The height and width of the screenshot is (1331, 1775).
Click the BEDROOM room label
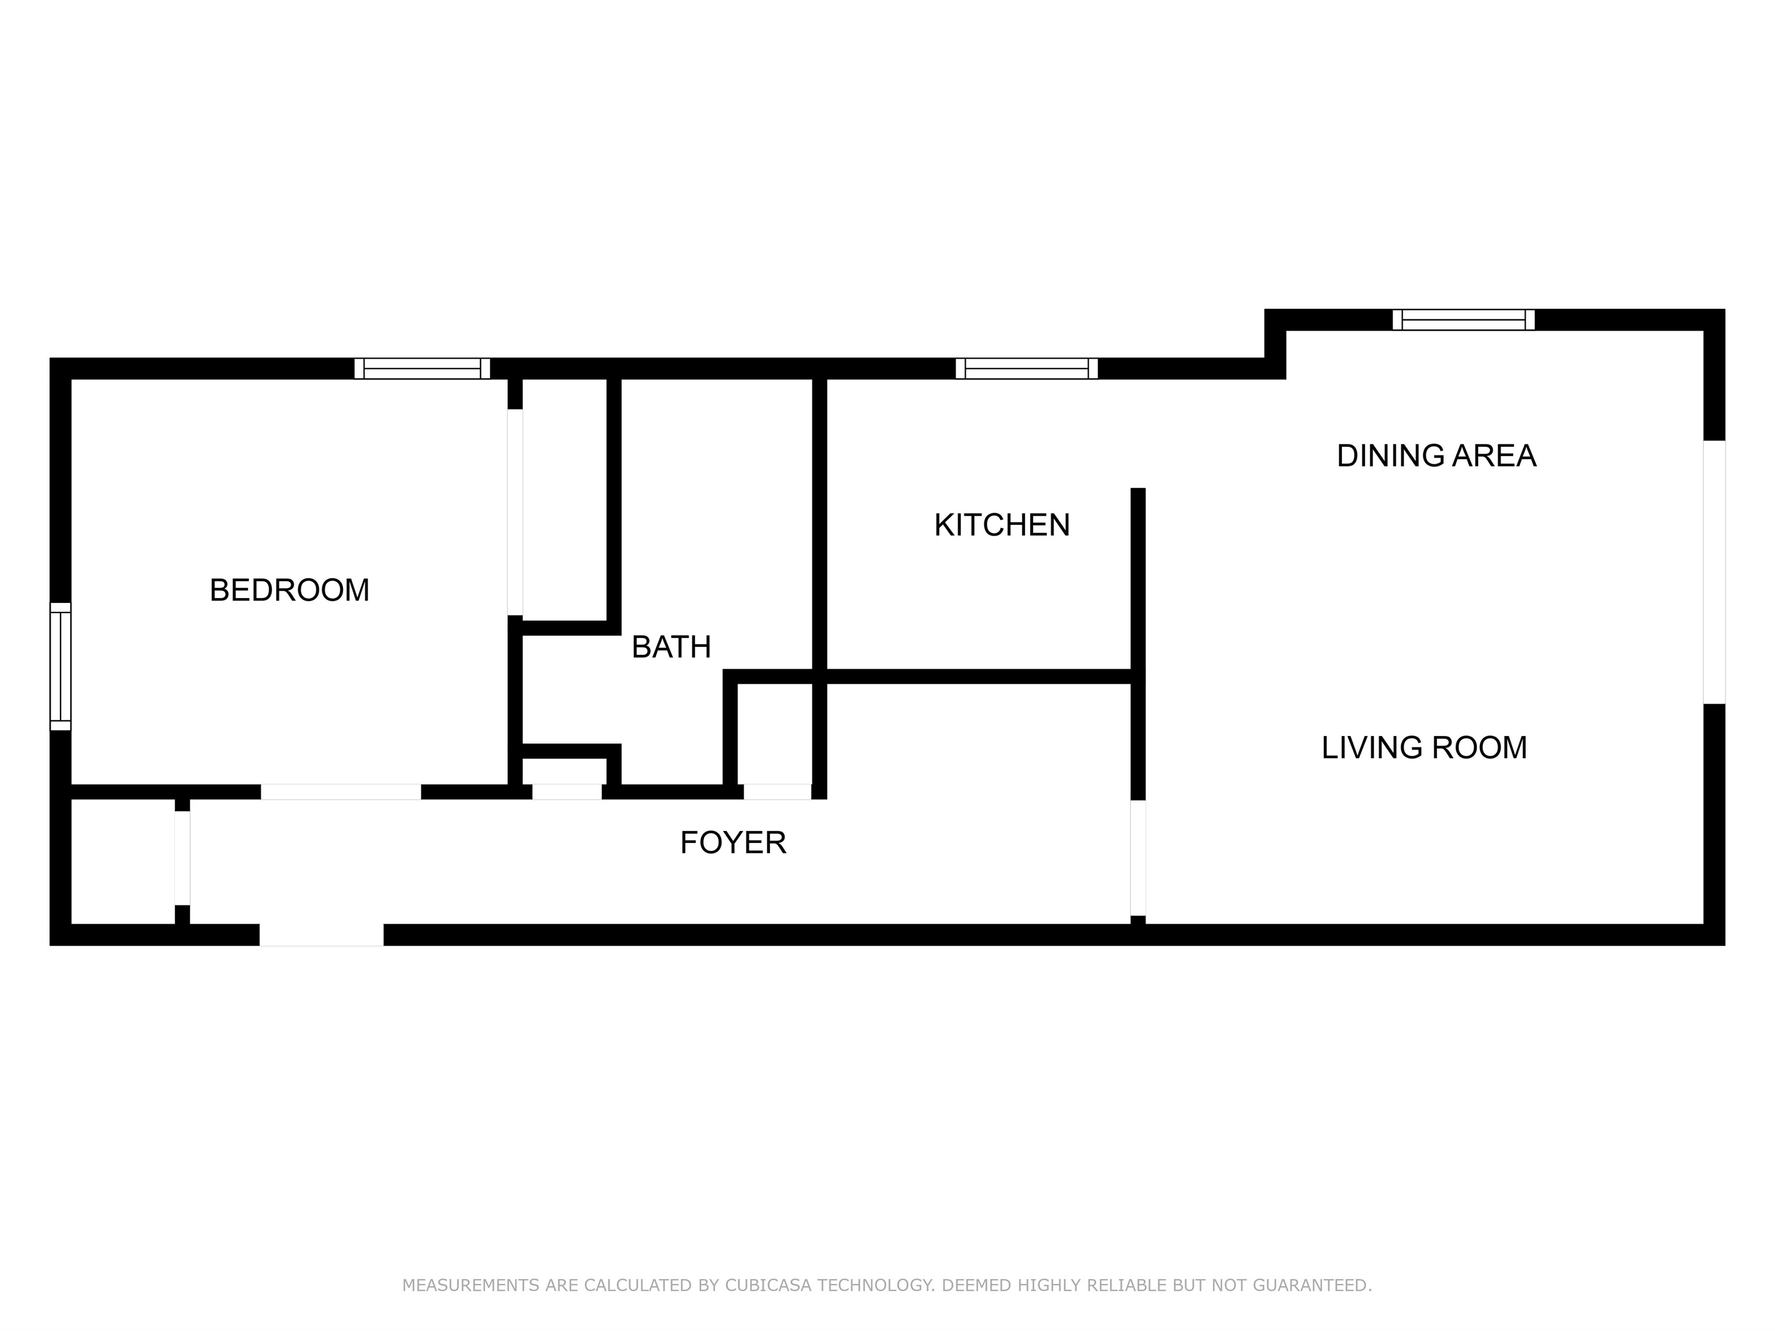(x=289, y=591)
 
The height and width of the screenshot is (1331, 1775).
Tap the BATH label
(x=671, y=647)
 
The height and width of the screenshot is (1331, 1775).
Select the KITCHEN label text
(x=1001, y=526)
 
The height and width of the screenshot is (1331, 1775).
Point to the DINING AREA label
(x=1436, y=456)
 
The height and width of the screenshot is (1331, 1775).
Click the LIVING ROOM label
(x=1424, y=748)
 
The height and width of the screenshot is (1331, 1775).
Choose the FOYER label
(x=732, y=842)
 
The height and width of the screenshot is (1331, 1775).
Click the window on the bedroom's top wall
(x=422, y=368)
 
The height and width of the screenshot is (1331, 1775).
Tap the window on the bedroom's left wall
(x=60, y=666)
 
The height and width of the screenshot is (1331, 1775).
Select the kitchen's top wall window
(x=1026, y=368)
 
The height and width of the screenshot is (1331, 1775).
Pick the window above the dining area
(x=1464, y=319)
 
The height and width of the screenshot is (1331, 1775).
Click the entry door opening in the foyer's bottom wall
(x=321, y=935)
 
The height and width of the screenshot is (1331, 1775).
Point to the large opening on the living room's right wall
(x=1713, y=572)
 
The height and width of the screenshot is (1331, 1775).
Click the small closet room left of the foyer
(x=122, y=861)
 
